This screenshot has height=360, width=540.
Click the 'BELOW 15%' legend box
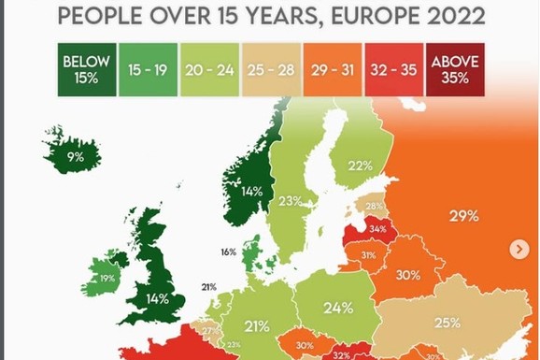(86, 69)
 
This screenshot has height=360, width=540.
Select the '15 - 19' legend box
(148, 69)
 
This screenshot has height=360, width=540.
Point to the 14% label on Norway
(250, 192)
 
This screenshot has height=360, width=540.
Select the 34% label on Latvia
(377, 228)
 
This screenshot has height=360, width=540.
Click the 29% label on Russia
(463, 216)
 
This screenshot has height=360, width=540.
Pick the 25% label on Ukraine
(447, 323)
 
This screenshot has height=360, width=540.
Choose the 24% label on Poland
(338, 307)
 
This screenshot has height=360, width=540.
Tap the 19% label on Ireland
(107, 279)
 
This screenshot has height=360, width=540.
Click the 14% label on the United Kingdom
(156, 299)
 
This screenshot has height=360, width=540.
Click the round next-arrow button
(519, 249)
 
